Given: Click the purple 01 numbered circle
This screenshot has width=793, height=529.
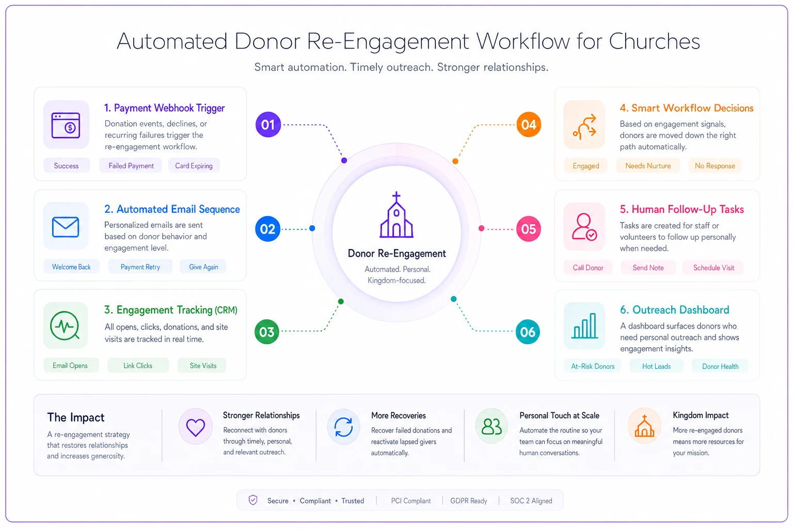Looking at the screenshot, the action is pyautogui.click(x=268, y=125).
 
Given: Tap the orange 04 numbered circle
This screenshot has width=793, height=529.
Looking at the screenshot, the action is pyautogui.click(x=529, y=125).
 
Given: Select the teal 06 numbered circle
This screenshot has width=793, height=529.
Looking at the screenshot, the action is pyautogui.click(x=528, y=332).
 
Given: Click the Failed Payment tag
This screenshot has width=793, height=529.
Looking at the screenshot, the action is pyautogui.click(x=131, y=166).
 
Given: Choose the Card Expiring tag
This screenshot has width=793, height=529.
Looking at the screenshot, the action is pyautogui.click(x=194, y=166).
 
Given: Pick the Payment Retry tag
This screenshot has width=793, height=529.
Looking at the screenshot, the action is pyautogui.click(x=140, y=267).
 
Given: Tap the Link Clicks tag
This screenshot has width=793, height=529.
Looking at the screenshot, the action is pyautogui.click(x=138, y=365).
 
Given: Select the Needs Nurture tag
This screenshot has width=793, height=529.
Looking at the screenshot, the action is pyautogui.click(x=648, y=166).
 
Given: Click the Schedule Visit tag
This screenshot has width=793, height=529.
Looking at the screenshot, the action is pyautogui.click(x=713, y=268).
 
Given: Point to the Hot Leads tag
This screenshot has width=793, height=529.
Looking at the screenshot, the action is pyautogui.click(x=656, y=366).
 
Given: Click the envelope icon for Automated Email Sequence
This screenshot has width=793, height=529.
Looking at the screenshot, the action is pyautogui.click(x=66, y=227).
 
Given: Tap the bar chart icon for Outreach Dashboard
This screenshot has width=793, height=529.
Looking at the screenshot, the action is pyautogui.click(x=584, y=325).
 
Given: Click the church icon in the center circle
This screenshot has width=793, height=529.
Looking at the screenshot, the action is pyautogui.click(x=396, y=215).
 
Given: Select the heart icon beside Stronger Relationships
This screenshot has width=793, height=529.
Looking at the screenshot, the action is pyautogui.click(x=196, y=427).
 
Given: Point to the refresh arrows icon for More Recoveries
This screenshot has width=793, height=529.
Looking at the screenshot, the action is pyautogui.click(x=343, y=427).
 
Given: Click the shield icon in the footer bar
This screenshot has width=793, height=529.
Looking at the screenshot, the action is pyautogui.click(x=253, y=500).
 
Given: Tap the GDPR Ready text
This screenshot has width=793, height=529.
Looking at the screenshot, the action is pyautogui.click(x=468, y=501).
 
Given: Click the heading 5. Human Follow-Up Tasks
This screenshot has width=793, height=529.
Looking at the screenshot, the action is pyautogui.click(x=681, y=209).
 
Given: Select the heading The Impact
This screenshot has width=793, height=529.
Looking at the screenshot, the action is pyautogui.click(x=76, y=417).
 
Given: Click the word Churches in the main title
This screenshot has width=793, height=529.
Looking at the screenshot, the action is pyautogui.click(x=654, y=41).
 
